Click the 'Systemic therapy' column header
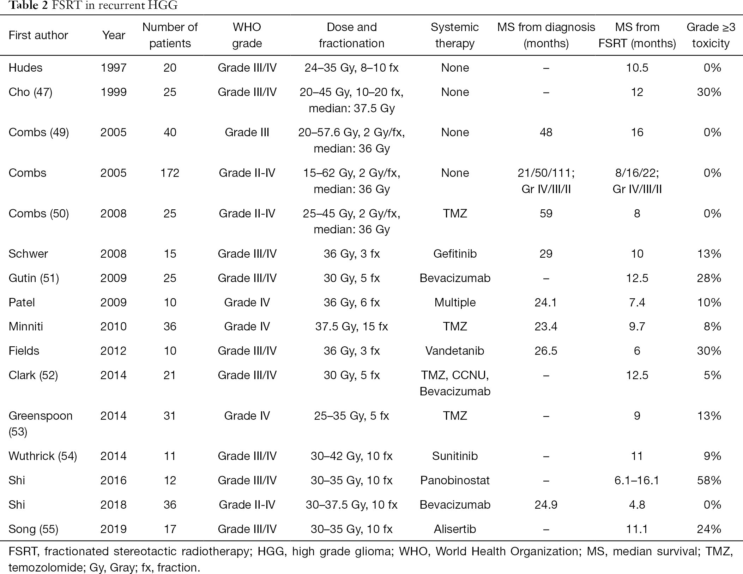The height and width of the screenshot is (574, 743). pos(455,35)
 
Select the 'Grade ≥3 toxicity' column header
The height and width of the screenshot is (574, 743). pos(711,35)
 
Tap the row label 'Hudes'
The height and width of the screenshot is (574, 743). pos(25,67)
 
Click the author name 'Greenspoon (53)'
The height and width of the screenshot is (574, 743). pos(41,423)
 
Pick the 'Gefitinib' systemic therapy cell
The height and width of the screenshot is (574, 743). pos(455,253)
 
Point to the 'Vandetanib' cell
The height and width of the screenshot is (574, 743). pos(455,351)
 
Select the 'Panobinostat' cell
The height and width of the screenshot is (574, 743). pos(455,480)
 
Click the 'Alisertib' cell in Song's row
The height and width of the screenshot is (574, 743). pos(455,529)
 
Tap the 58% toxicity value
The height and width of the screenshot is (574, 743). pos(709,480)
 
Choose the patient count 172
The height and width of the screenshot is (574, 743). pos(170,173)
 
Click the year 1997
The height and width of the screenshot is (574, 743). pos(113,67)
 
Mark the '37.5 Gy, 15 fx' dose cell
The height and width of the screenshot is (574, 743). pos(351,326)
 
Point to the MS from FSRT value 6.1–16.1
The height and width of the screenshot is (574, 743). pos(637,480)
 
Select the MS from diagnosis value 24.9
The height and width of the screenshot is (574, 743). pos(546,504)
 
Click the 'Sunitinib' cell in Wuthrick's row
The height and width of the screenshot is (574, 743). pos(455,456)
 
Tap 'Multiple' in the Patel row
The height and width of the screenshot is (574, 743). pos(455,302)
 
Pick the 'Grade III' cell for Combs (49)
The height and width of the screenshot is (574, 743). pos(247,132)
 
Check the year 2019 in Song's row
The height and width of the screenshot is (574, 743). pos(113,529)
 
